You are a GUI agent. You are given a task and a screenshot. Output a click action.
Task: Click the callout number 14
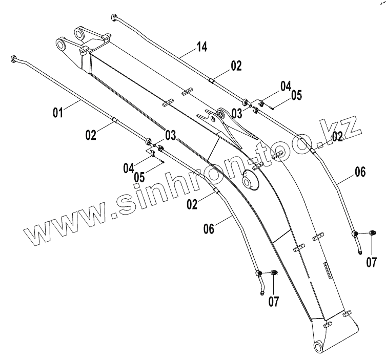point(201,48)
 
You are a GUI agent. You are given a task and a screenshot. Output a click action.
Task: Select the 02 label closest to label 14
point(235,65)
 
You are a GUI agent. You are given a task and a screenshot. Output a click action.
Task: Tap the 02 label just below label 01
point(91,135)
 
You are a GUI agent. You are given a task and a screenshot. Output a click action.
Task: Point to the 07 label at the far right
point(371,263)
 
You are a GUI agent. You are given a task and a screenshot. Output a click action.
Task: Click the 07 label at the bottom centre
point(274,302)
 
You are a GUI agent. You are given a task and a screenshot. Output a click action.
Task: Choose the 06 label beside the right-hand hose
point(360,173)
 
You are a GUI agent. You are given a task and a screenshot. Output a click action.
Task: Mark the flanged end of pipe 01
point(14,58)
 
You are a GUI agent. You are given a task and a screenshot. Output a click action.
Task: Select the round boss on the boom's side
point(251,182)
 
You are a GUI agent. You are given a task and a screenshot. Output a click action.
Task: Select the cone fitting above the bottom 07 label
point(275,273)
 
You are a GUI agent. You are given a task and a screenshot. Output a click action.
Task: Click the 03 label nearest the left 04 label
point(170,135)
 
